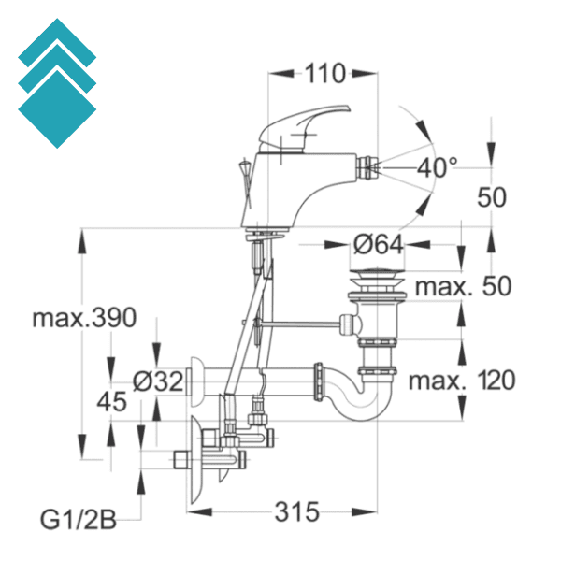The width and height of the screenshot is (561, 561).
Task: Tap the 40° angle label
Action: (x=438, y=168)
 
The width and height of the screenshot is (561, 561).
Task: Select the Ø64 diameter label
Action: (x=379, y=245)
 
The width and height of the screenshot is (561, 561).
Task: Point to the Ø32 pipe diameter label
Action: (x=157, y=381)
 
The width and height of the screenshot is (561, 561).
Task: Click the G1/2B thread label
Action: (x=79, y=520)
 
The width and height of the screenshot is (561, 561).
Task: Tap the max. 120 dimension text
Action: (x=461, y=381)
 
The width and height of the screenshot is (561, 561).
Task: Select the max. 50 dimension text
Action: (x=464, y=286)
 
